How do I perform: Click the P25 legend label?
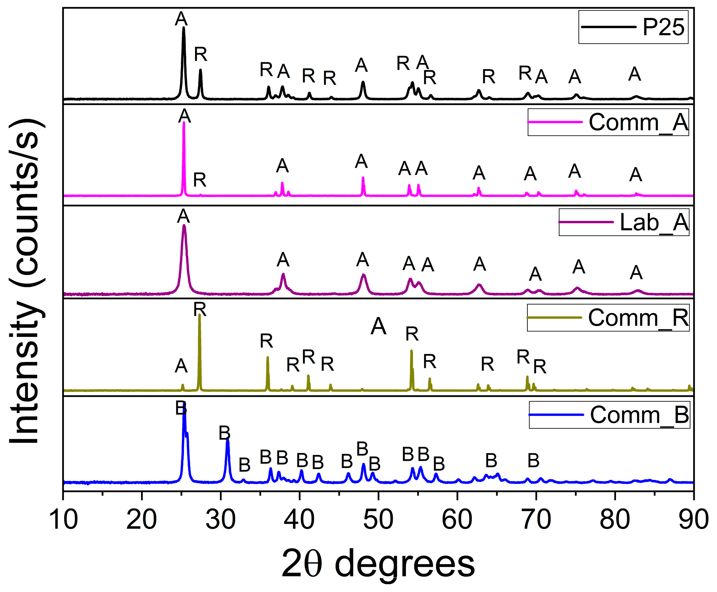pyautogui.click(x=663, y=27)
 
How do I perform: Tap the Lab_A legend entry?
pyautogui.click(x=654, y=222)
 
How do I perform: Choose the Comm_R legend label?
pyautogui.click(x=638, y=318)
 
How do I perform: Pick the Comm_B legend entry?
pyautogui.click(x=639, y=415)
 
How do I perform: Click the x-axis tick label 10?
pyautogui.click(x=63, y=520)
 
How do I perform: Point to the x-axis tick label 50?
pyautogui.click(x=378, y=520)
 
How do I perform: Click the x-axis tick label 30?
pyautogui.click(x=221, y=520)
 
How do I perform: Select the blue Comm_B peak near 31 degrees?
pyautogui.click(x=227, y=440)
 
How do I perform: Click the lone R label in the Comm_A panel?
pyautogui.click(x=200, y=180)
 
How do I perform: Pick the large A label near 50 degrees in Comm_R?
pyautogui.click(x=378, y=326)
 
